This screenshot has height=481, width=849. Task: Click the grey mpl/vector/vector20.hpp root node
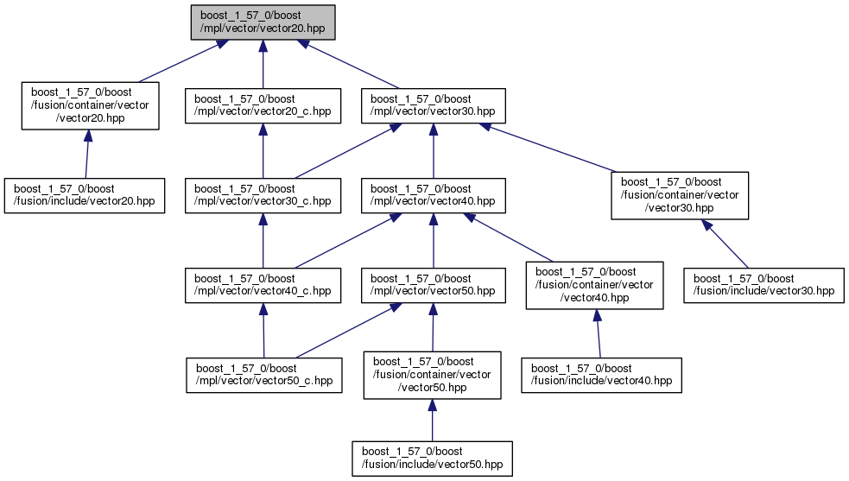tap(263, 22)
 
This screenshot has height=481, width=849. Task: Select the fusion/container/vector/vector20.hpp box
tap(90, 105)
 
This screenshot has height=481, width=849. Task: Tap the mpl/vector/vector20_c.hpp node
tap(263, 105)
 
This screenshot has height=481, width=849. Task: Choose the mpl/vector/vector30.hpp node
tap(433, 105)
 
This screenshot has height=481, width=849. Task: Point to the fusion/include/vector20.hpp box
tap(84, 195)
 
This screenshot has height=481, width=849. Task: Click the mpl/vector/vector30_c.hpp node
tap(263, 195)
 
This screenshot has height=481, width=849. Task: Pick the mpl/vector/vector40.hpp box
tap(433, 195)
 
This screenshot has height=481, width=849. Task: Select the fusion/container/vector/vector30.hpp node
tap(680, 195)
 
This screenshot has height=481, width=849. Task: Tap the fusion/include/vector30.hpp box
tap(764, 285)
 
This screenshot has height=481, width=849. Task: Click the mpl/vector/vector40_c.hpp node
tap(263, 285)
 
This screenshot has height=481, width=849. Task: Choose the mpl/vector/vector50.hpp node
tap(433, 285)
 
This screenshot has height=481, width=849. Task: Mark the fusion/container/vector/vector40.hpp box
tap(594, 285)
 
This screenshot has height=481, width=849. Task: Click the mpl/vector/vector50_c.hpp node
tap(263, 375)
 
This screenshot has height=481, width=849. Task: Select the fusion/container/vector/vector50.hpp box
tap(432, 375)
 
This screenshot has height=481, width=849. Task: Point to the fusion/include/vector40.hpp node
tap(601, 375)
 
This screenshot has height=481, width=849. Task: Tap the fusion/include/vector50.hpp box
tap(432, 458)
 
